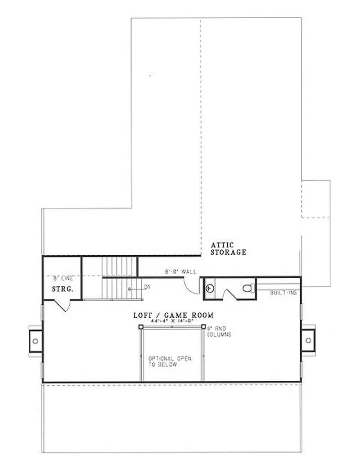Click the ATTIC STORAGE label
(x=229, y=248)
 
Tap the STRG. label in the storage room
(x=63, y=289)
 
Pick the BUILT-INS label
(x=283, y=293)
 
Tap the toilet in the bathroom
(x=247, y=288)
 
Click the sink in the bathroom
(x=209, y=287)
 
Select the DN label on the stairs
(x=147, y=287)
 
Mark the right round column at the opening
(x=204, y=327)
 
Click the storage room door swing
(x=63, y=306)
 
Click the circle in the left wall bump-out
(x=35, y=341)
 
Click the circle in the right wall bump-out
(x=308, y=340)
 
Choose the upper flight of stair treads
(x=119, y=267)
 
